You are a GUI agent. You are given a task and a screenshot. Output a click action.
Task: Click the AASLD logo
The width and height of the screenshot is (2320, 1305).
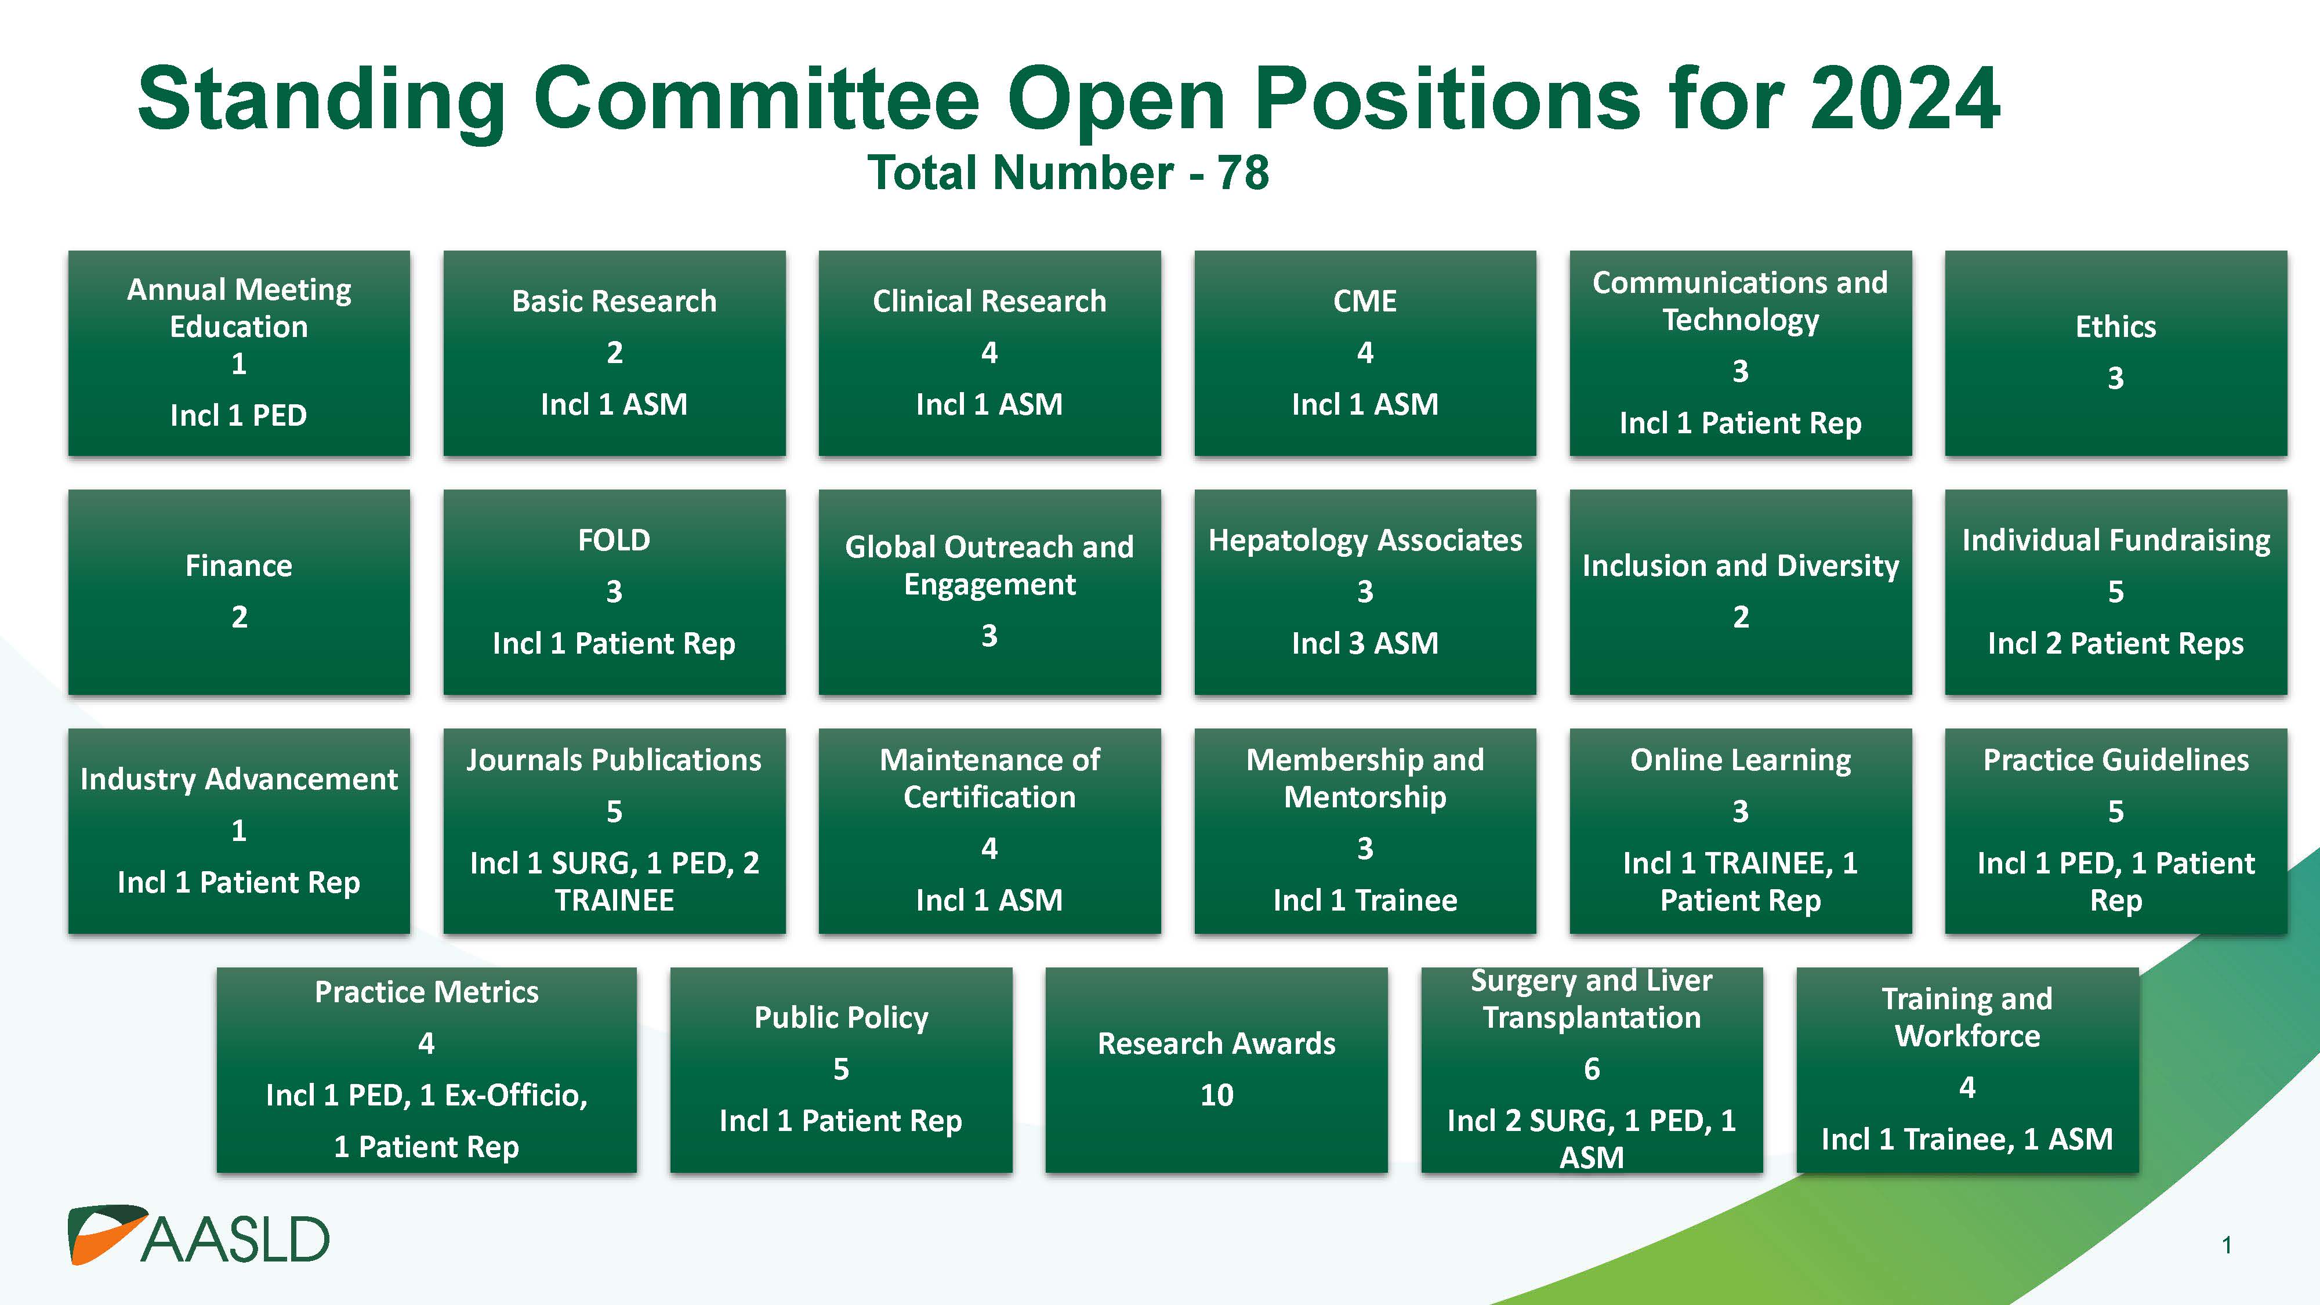tap(199, 1235)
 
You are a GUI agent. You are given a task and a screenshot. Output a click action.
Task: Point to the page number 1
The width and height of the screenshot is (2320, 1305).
tap(2227, 1246)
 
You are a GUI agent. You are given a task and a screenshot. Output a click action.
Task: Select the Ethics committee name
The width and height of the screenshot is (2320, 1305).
tap(2116, 326)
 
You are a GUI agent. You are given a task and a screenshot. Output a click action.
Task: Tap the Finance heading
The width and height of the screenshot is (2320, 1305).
tap(238, 565)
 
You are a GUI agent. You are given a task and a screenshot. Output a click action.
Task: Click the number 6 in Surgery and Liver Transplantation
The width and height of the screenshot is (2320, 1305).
tap(1592, 1069)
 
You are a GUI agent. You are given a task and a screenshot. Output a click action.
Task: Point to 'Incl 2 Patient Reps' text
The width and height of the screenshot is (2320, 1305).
tap(2116, 643)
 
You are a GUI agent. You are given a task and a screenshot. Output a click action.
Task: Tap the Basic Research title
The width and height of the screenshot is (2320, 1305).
tap(614, 301)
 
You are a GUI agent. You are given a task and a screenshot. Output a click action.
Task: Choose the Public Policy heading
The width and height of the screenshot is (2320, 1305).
tap(841, 1018)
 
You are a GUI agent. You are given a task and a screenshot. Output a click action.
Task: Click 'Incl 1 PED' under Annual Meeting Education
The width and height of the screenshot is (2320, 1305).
tap(238, 415)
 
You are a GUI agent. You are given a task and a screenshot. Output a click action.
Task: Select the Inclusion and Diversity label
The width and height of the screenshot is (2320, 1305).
tap(1740, 565)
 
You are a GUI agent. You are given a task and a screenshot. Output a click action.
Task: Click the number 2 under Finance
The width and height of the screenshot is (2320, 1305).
tap(238, 617)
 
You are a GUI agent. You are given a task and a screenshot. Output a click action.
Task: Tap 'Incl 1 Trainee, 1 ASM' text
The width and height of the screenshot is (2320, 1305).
tap(1967, 1139)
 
